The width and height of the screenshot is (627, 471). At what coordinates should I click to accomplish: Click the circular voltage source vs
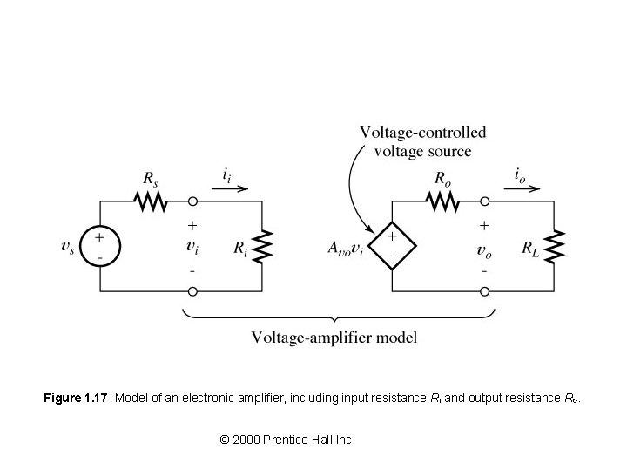100,245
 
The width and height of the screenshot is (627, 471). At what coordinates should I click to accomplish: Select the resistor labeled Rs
150,201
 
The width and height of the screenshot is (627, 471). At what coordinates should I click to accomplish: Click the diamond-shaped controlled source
392,245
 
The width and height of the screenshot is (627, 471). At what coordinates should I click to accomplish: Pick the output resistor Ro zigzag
442,201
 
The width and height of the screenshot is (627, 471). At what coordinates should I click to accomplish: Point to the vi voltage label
192,247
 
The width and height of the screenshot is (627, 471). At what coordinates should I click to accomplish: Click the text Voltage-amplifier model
334,337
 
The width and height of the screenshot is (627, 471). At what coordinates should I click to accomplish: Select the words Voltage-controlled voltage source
422,142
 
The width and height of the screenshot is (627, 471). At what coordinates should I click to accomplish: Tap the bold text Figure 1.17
75,399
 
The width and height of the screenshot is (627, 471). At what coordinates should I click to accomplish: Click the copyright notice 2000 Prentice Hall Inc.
287,440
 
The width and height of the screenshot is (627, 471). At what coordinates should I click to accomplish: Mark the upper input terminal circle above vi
192,201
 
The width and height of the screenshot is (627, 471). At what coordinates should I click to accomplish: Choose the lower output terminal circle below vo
484,290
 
